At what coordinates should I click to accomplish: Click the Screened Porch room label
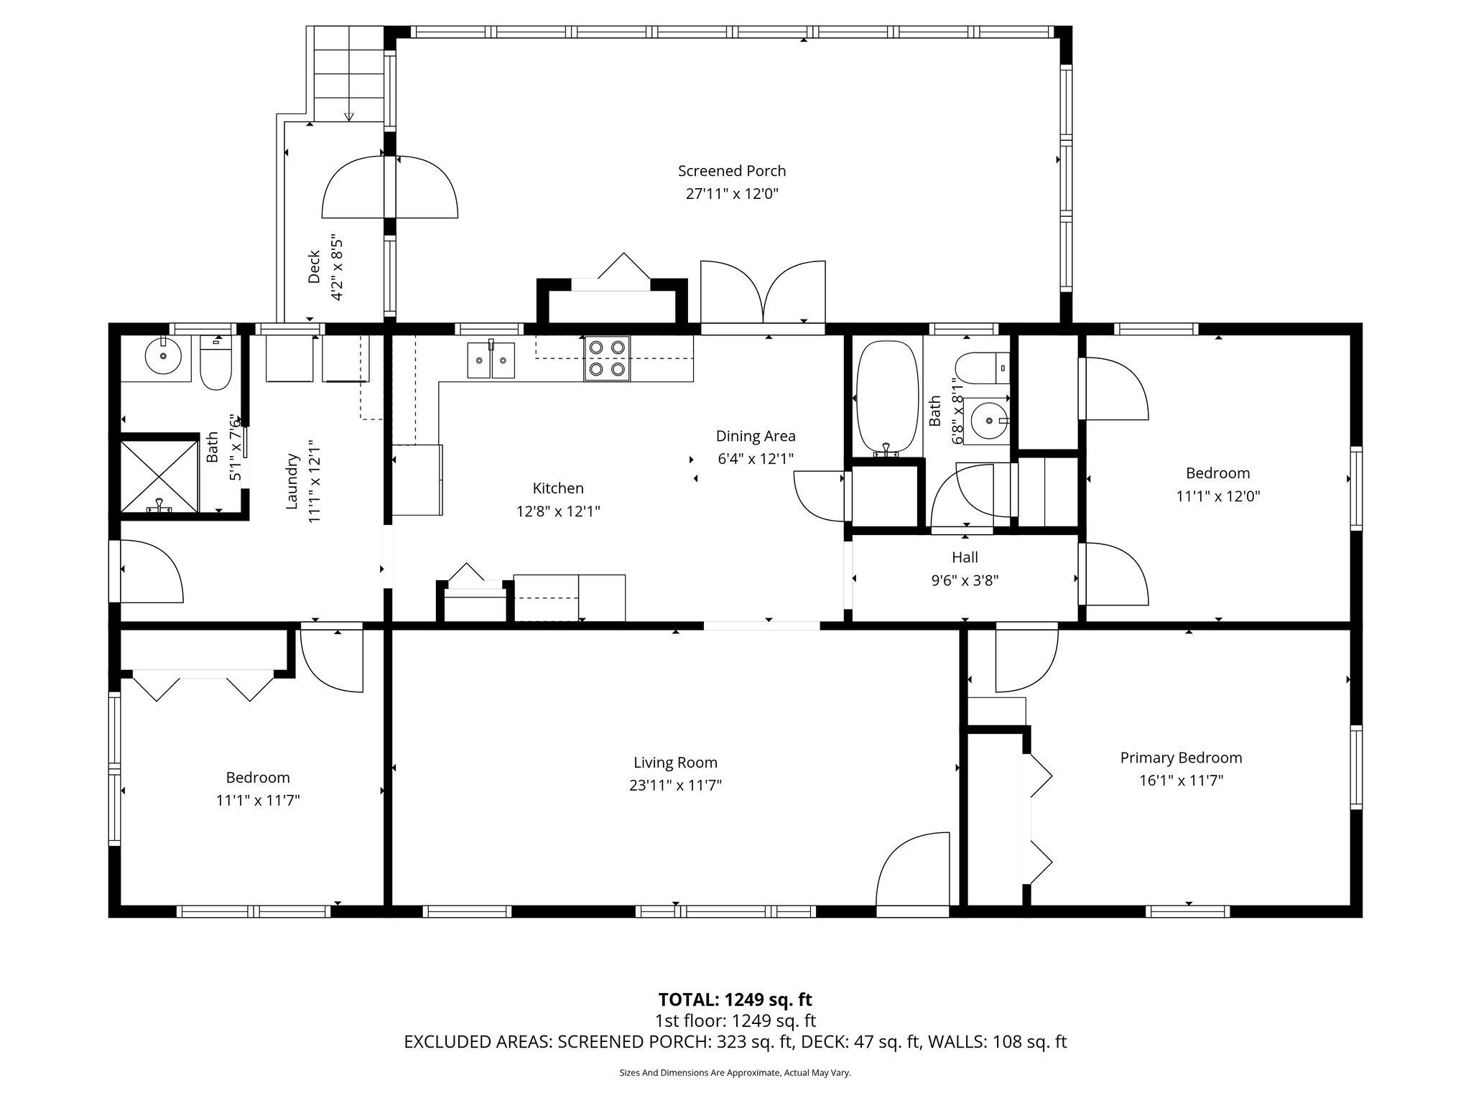click(x=731, y=171)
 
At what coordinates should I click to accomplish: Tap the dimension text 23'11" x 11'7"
click(x=675, y=786)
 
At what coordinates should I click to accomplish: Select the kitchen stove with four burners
click(x=606, y=358)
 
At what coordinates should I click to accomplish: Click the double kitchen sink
click(x=491, y=360)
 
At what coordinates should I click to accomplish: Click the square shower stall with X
click(x=159, y=476)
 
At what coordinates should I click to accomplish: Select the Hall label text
click(x=965, y=557)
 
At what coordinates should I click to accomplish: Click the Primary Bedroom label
click(x=1181, y=758)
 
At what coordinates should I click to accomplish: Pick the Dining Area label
click(x=756, y=436)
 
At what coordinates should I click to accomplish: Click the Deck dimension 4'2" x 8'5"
click(x=337, y=271)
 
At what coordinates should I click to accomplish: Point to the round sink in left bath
click(x=163, y=355)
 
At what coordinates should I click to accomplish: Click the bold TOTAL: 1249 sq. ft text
click(x=735, y=1000)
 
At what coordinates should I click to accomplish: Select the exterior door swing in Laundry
click(x=149, y=571)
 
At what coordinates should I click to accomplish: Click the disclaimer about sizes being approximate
click(x=735, y=1073)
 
